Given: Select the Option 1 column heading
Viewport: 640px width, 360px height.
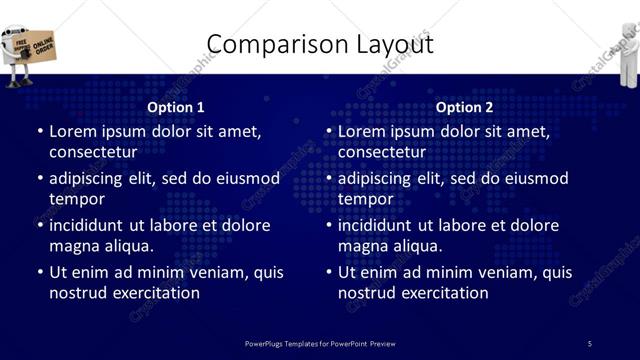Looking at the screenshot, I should pos(176,107).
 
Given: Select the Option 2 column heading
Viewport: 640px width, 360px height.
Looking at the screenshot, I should pos(465,107).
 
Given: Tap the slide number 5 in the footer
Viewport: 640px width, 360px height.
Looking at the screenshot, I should pos(590,344).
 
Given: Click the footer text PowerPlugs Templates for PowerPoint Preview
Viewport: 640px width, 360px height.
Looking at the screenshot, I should pos(320,344).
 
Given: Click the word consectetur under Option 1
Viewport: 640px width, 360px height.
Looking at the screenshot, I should pos(93,152).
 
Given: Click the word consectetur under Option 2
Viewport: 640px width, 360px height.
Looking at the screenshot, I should pos(382,152).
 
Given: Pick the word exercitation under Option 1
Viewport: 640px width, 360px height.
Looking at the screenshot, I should pos(153,293).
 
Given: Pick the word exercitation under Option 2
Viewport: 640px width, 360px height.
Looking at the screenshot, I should pos(442,293).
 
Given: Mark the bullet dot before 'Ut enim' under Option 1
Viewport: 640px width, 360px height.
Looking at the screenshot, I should pos(40,272).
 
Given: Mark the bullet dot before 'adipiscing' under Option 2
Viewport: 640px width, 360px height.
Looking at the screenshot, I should pos(329,179).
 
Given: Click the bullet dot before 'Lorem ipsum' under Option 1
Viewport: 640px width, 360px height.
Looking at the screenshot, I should pos(40,132).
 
